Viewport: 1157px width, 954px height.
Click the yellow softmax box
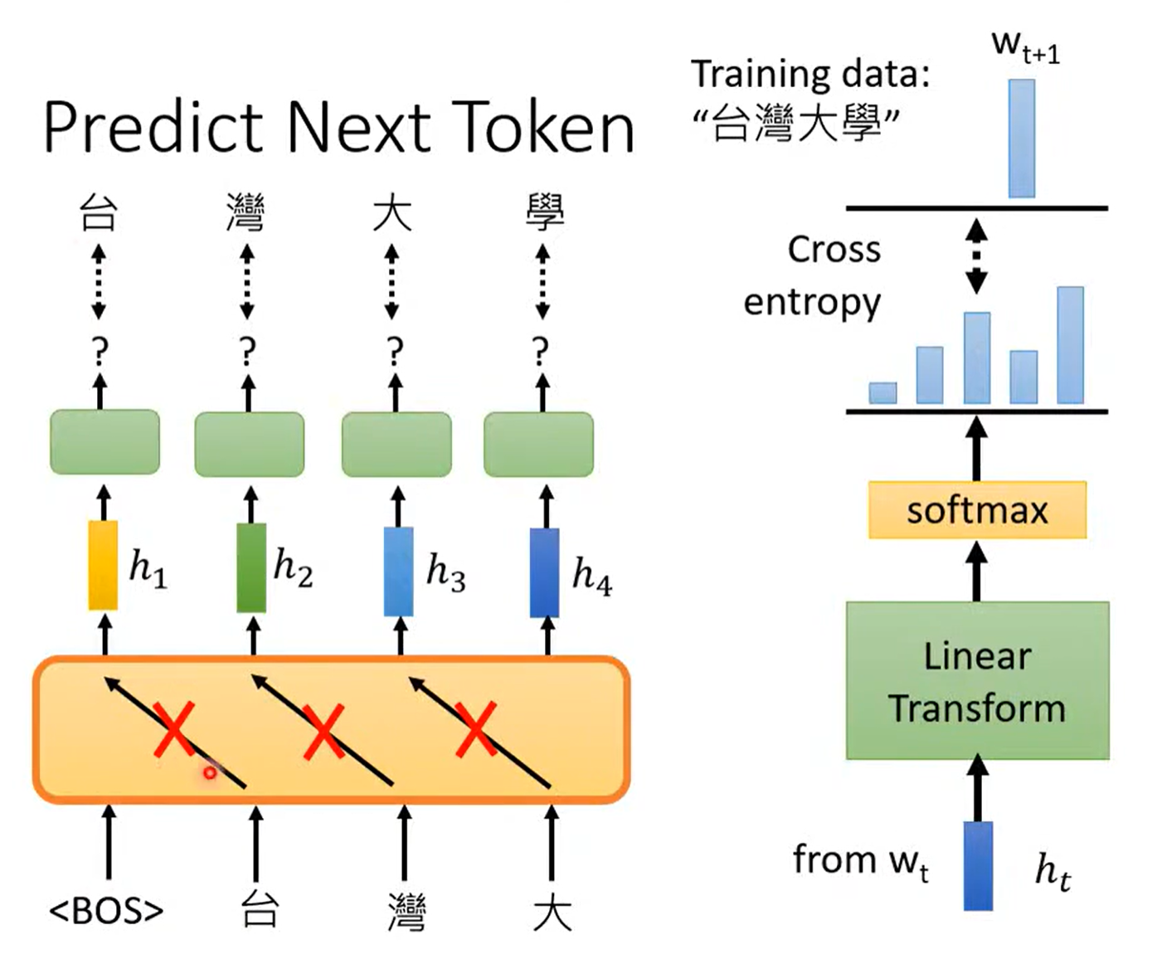click(977, 510)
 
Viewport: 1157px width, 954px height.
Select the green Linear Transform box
click(977, 680)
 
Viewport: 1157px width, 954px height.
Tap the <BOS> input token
click(106, 911)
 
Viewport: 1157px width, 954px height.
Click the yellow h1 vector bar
click(103, 565)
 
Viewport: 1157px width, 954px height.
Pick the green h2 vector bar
click(251, 567)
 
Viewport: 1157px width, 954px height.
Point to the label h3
click(445, 572)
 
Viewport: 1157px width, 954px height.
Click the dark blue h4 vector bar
click(544, 572)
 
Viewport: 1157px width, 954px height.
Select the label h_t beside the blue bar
click(1052, 871)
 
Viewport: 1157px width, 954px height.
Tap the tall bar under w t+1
click(1021, 139)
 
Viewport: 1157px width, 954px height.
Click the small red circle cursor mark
click(210, 772)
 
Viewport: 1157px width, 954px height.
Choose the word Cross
click(834, 250)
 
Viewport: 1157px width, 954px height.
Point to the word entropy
click(811, 303)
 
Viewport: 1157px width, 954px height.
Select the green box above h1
click(105, 442)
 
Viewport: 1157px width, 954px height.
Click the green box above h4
click(538, 445)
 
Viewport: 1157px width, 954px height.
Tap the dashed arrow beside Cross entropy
click(977, 256)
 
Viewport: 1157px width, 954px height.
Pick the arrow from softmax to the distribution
click(977, 448)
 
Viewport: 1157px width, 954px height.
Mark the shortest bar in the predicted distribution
click(882, 392)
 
